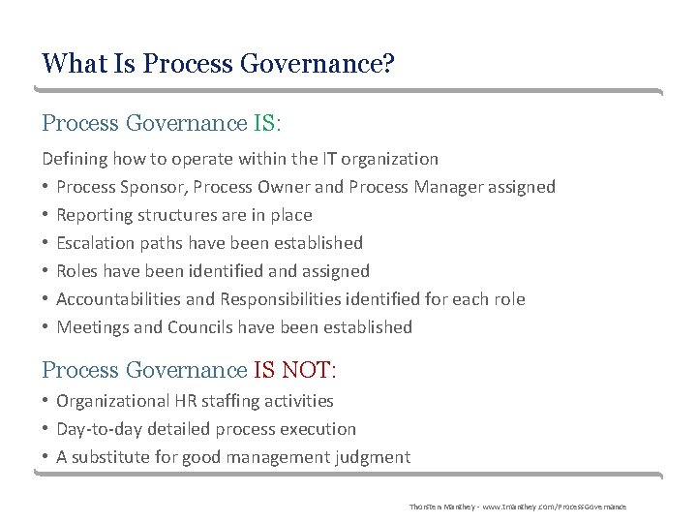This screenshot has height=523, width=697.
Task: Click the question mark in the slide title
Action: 389,65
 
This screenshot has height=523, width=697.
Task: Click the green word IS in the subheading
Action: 264,124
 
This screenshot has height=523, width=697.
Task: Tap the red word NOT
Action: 306,370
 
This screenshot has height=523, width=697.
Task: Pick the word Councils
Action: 201,326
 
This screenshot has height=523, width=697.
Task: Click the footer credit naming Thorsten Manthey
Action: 517,507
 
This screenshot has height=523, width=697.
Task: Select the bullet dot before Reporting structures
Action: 45,215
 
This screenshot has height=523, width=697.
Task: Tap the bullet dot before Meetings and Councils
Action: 45,327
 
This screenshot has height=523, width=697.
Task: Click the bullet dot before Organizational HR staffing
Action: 45,401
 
